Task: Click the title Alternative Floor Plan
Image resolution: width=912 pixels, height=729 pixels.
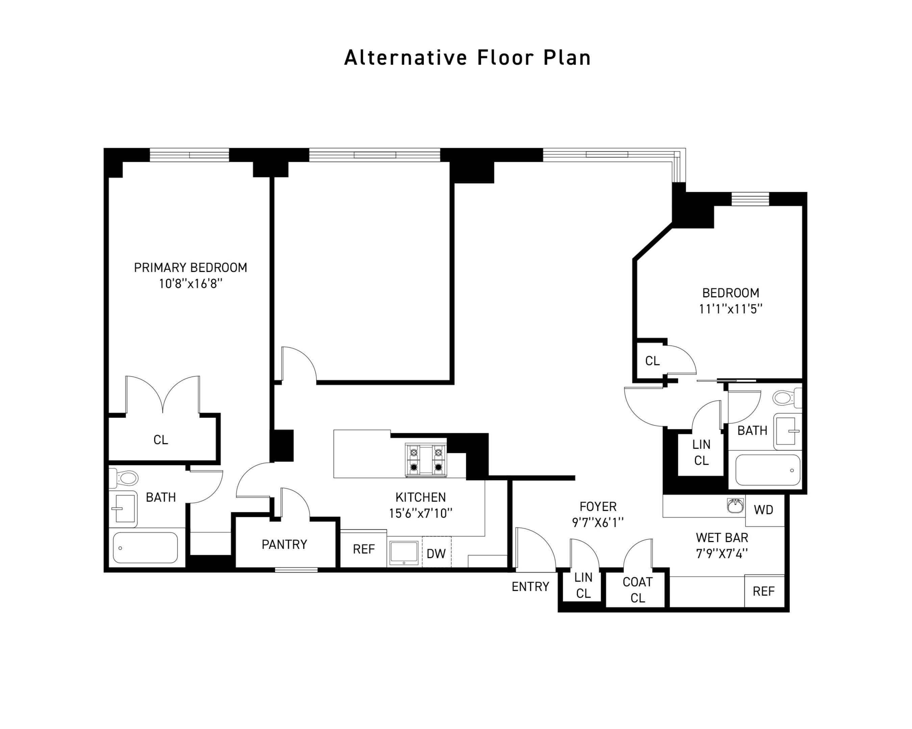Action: tap(467, 58)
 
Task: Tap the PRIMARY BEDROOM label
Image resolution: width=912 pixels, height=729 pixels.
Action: tap(191, 268)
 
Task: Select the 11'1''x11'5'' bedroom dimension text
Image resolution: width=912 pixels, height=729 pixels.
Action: tap(730, 309)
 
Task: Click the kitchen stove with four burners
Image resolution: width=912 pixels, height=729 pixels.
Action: tap(426, 460)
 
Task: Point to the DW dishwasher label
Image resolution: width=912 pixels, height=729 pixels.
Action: tap(436, 553)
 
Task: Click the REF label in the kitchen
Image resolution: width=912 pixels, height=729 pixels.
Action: tap(363, 549)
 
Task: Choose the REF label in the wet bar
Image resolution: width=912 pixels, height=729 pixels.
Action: tap(763, 591)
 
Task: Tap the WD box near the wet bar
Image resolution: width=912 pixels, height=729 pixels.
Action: tap(763, 510)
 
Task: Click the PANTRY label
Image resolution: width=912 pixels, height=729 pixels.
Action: tap(284, 544)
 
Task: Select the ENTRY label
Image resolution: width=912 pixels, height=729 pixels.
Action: tap(530, 587)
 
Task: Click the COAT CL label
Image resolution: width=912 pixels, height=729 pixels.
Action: tap(637, 590)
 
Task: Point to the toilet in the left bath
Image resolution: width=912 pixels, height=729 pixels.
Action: tap(125, 478)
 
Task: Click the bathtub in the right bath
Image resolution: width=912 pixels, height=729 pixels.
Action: tap(767, 470)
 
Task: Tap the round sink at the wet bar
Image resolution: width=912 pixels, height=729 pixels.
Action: tap(735, 506)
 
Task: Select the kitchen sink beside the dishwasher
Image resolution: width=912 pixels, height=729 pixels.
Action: tap(404, 553)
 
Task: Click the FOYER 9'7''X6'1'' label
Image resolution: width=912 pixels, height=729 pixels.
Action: tap(598, 514)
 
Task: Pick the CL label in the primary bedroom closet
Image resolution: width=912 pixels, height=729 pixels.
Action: tap(161, 440)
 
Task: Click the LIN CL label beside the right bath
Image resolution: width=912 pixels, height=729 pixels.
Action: tap(701, 452)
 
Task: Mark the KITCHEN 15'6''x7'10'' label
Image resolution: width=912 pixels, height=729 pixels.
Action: tap(421, 505)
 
